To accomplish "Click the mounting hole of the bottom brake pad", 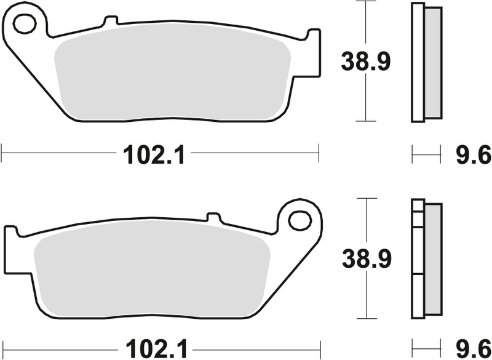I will tap(300, 219).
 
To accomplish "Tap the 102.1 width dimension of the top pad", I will tap(154, 155).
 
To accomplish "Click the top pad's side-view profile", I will tap(425, 62).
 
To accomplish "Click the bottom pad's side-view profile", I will tap(425, 258).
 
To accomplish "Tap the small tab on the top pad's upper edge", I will tap(110, 22).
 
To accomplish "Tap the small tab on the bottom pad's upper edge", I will tap(213, 218).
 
